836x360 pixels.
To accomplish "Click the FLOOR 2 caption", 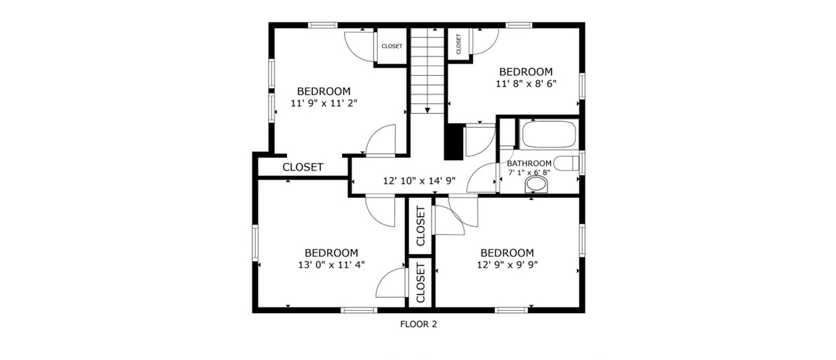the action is point(418,324).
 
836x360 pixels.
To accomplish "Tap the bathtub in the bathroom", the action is point(548,135).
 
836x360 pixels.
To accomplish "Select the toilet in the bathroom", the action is point(566,163).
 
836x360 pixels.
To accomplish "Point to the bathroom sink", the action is point(537,185).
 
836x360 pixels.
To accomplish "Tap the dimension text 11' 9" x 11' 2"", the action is point(324,102).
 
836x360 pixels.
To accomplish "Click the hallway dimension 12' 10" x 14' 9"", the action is point(419,181).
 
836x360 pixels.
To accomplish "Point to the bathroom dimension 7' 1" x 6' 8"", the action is point(529,172).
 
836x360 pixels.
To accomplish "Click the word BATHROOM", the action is point(529,164).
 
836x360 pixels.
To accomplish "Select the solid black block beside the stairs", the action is point(453,141).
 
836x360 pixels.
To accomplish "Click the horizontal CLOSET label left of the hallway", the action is point(303,167).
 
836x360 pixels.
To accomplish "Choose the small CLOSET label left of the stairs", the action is point(392,46).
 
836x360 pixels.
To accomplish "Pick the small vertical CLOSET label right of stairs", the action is point(458,44).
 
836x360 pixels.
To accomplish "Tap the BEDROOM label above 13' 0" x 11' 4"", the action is point(331,252).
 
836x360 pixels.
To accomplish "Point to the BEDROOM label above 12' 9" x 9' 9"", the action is point(507,252).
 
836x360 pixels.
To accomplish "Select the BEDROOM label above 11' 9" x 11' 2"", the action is point(324,91).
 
